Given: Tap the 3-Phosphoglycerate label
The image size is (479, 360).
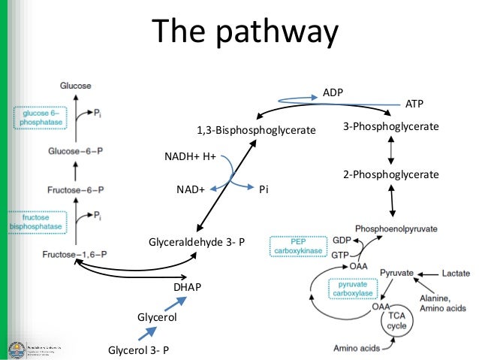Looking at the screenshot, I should (390, 128).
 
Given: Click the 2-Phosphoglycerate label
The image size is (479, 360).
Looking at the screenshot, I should (390, 174).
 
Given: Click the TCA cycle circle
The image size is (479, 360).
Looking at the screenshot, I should (396, 321).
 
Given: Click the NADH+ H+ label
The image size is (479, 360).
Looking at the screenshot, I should (190, 156).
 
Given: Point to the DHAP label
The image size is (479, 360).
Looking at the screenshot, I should (186, 287).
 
